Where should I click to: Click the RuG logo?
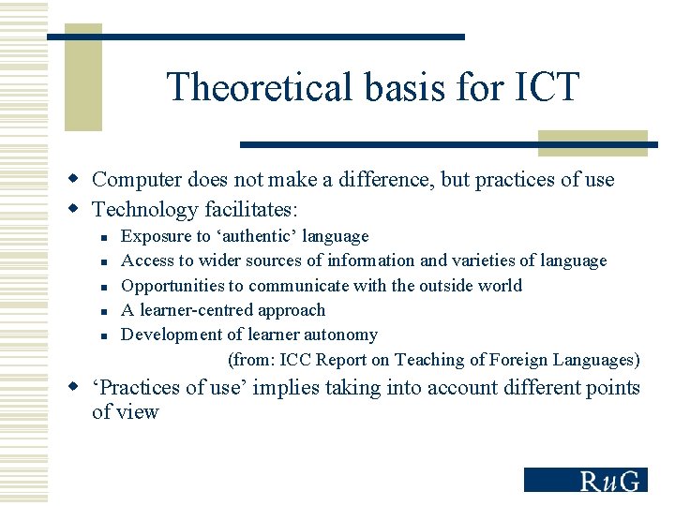click(x=585, y=480)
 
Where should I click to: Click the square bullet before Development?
click(x=107, y=335)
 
